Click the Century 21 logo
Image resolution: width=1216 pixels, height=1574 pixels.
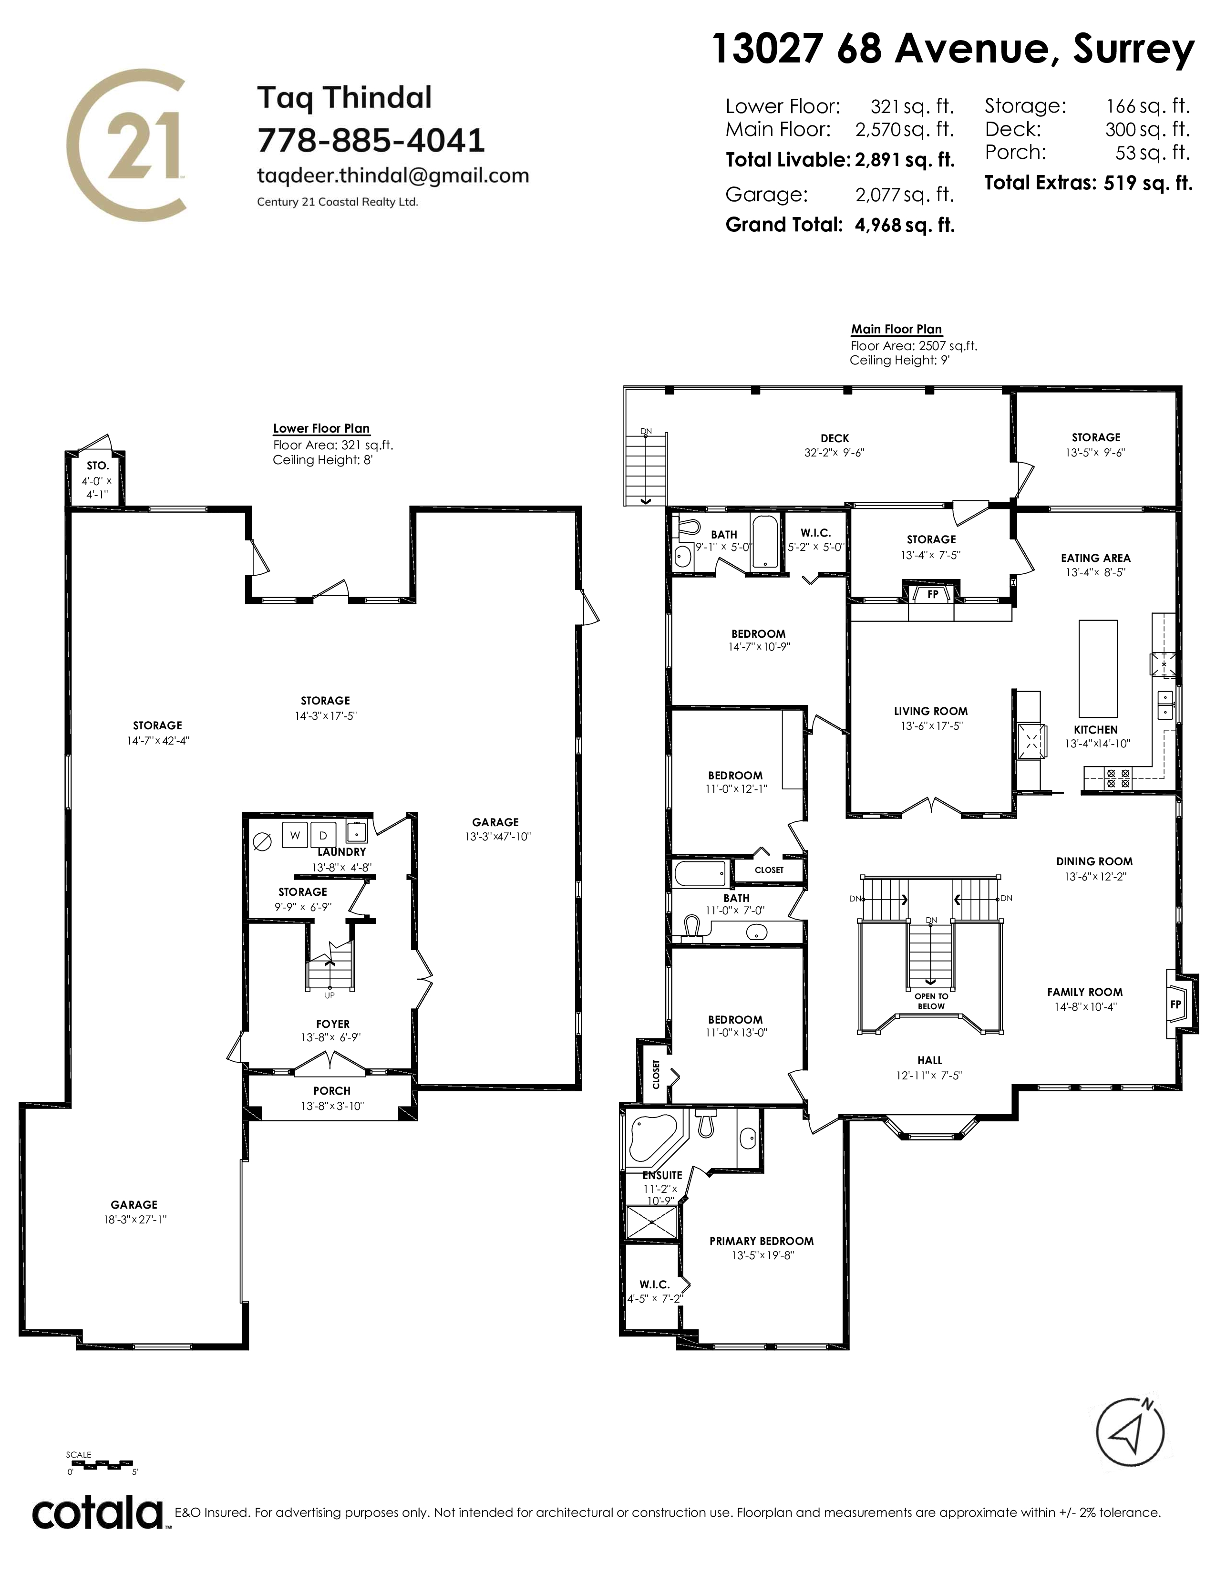coord(127,144)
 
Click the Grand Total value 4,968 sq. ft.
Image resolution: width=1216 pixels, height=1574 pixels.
coord(905,225)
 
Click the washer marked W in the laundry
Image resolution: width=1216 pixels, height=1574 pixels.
coord(295,835)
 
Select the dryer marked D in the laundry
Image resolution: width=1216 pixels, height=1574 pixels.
coord(323,835)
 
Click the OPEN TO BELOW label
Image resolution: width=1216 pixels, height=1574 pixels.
coord(931,1001)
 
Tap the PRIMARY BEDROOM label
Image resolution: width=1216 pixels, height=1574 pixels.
coord(762,1240)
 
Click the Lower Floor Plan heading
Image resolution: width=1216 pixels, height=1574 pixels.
coord(321,428)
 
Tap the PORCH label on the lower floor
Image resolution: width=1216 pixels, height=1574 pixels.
coord(332,1090)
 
